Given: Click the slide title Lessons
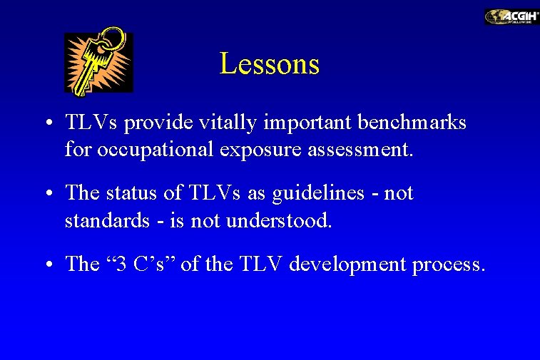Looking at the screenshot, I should pos(269,64).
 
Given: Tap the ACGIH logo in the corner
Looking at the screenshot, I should pos(511,17).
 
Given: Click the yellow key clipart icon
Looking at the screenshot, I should pos(98,63).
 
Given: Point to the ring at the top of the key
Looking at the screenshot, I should pos(112,42).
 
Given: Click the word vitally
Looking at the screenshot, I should pos(240,123).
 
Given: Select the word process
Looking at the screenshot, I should pos(449,264).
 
